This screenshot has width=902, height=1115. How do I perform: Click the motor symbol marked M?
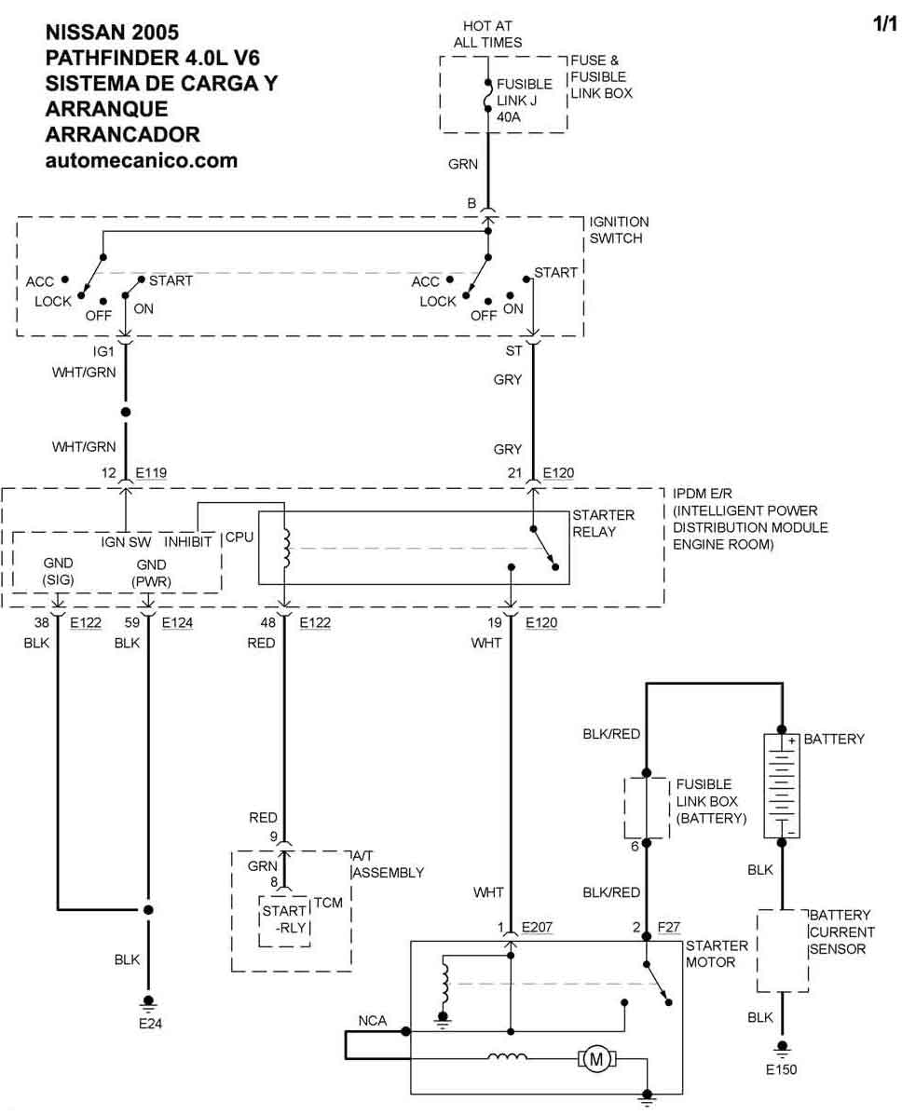pyautogui.click(x=594, y=1057)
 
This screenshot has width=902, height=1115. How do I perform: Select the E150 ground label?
pyautogui.click(x=781, y=1069)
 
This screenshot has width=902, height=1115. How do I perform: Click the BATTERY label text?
pyautogui.click(x=834, y=739)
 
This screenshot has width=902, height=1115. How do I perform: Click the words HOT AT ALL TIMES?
pyautogui.click(x=487, y=34)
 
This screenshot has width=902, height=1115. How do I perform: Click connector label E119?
pyautogui.click(x=151, y=473)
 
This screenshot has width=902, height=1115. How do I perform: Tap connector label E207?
pyautogui.click(x=538, y=927)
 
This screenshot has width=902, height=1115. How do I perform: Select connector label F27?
pyautogui.click(x=669, y=927)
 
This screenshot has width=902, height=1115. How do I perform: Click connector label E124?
pyautogui.click(x=177, y=622)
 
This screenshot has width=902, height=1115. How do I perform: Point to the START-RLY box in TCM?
pyautogui.click(x=283, y=918)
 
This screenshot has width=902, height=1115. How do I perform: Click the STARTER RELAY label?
pyautogui.click(x=603, y=523)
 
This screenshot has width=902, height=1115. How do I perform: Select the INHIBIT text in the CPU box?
pyautogui.click(x=188, y=540)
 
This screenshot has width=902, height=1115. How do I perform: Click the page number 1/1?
pyautogui.click(x=883, y=25)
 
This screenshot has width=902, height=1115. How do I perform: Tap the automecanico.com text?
pyautogui.click(x=141, y=160)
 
